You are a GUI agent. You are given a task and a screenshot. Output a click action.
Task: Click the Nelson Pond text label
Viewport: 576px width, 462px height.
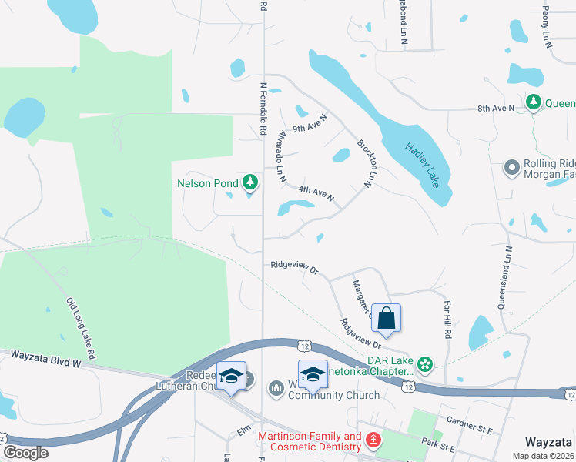tap(207, 183)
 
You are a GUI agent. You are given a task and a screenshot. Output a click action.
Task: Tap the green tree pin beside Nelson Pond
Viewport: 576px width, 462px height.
tap(249, 182)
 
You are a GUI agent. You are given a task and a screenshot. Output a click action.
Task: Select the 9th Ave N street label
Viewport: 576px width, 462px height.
tap(310, 123)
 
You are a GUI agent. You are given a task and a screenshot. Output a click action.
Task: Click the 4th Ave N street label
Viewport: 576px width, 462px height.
tap(316, 193)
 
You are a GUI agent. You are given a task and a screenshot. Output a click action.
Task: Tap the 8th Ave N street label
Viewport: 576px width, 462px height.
tap(495, 109)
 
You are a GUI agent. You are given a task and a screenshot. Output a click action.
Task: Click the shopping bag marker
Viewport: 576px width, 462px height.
tap(387, 318)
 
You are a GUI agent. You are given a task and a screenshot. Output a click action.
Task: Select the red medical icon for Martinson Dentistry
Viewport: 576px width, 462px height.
tap(373, 441)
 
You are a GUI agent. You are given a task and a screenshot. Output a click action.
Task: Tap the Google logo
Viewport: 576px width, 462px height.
tap(26, 452)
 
